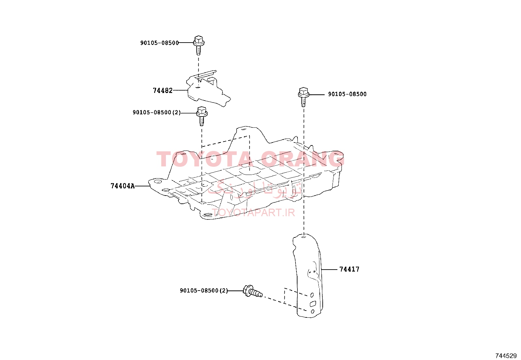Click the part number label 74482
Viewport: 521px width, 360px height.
coord(163,90)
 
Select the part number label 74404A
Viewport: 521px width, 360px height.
coord(123,186)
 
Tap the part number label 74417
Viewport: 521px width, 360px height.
coord(349,269)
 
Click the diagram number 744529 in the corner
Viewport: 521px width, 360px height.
coord(506,356)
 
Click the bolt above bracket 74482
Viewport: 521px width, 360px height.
coord(199,45)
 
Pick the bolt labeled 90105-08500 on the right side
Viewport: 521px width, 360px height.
coord(303,97)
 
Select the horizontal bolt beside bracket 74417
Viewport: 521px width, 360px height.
coord(253,291)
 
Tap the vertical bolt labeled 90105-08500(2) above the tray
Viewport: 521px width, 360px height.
coord(202,116)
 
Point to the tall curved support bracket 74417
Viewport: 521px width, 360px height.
coord(308,276)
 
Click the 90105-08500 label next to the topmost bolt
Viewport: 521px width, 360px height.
coord(159,43)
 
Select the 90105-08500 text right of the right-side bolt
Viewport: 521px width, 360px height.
coord(347,94)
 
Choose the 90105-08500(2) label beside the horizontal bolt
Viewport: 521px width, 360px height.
coord(204,291)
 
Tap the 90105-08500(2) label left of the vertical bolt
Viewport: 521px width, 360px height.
coord(156,112)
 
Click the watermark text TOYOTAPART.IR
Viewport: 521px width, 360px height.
coord(253,213)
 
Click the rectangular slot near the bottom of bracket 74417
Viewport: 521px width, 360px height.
coord(313,304)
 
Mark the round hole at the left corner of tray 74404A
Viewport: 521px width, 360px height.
coord(158,181)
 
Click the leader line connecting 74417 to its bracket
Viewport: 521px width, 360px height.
coord(329,269)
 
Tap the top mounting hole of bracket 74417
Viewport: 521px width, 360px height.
coord(303,237)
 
